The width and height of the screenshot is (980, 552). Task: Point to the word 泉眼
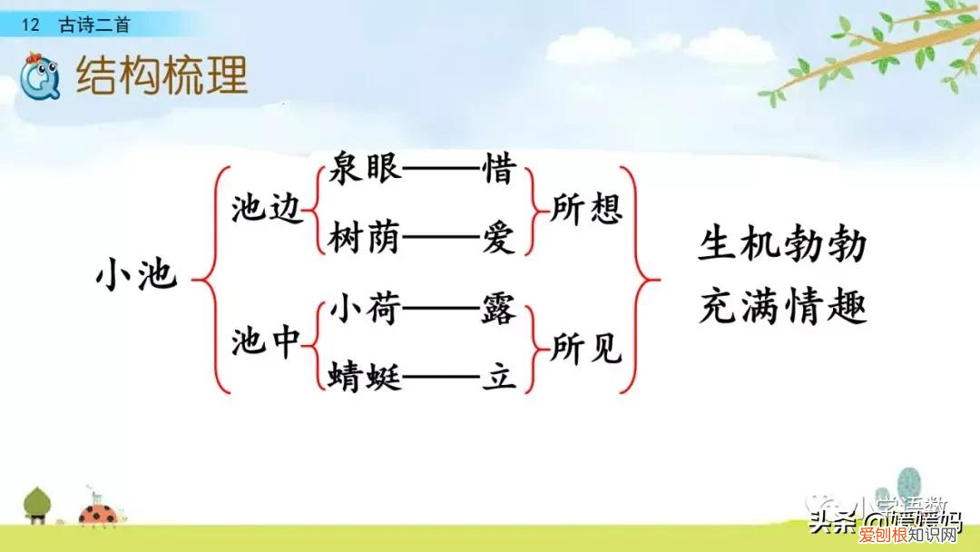pos(366,170)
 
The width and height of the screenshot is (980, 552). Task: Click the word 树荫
pos(366,240)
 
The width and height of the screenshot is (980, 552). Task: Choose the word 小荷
pos(366,310)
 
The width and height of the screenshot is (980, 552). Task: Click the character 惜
pos(499,170)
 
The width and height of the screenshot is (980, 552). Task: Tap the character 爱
pos(499,240)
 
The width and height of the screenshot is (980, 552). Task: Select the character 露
pos(499,310)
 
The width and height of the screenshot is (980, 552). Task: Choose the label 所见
pos(586,347)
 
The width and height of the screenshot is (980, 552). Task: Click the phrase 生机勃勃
pos(782,245)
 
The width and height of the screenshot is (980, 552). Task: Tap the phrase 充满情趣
pos(782,308)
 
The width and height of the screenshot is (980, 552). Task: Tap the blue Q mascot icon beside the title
pos(41,74)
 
